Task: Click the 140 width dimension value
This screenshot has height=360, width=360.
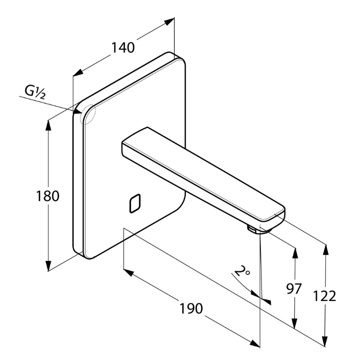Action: pyautogui.click(x=123, y=48)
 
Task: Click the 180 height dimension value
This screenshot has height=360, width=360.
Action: pyautogui.click(x=49, y=196)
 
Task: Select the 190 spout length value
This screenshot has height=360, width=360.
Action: pyautogui.click(x=191, y=308)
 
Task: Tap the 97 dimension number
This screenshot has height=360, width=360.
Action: pyautogui.click(x=294, y=289)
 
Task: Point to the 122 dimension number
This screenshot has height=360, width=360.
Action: pyautogui.click(x=325, y=296)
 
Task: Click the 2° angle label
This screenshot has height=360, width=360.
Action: pyautogui.click(x=242, y=271)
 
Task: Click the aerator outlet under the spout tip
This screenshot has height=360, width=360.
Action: pyautogui.click(x=253, y=229)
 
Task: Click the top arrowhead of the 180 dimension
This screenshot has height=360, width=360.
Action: pyautogui.click(x=49, y=124)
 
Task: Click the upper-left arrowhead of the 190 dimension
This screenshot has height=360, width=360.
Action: pyautogui.click(x=127, y=272)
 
